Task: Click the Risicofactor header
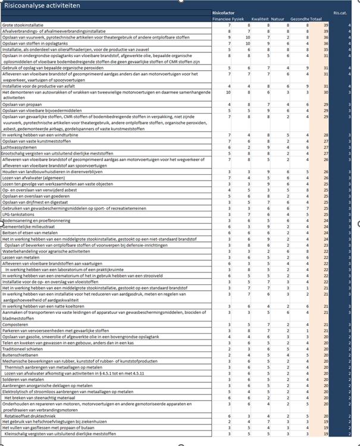click(224, 12)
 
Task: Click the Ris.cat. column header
click(340, 12)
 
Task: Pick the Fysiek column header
click(237, 19)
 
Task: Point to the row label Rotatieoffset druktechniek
click(32, 416)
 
